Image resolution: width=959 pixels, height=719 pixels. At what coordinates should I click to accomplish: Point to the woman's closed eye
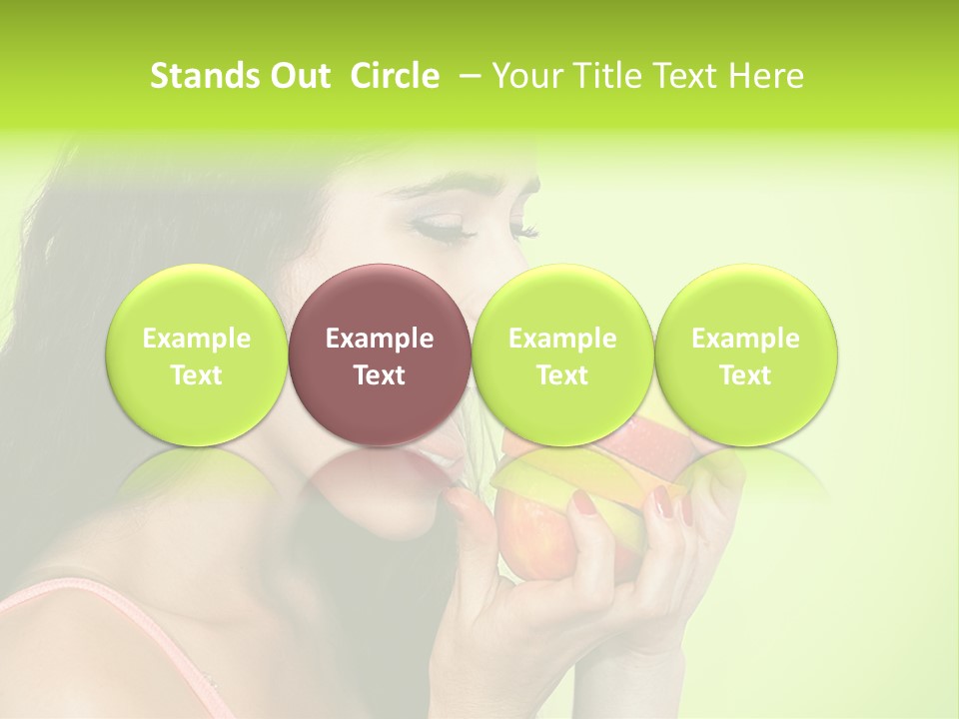446,229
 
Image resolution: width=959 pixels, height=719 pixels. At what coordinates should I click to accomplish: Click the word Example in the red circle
380,339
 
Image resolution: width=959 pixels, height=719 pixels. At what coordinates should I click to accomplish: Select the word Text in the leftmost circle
197,375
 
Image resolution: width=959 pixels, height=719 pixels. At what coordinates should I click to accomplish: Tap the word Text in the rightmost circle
745,375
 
